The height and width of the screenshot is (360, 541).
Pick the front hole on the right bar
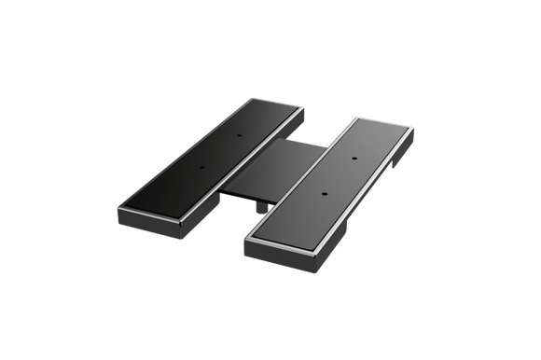click(324, 194)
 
